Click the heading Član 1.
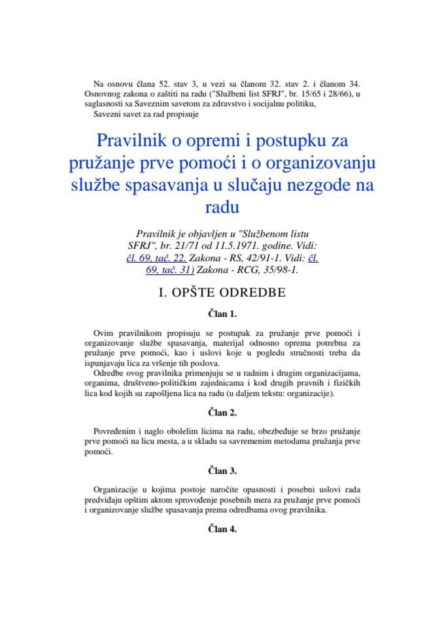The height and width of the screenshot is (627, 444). click(x=222, y=313)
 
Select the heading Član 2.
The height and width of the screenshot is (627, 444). click(x=222, y=412)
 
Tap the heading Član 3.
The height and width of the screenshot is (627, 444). click(x=222, y=470)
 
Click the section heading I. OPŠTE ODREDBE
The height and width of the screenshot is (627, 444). click(x=222, y=292)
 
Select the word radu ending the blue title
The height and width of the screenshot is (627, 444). click(x=222, y=208)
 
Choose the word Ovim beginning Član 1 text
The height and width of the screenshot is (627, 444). click(x=105, y=334)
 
